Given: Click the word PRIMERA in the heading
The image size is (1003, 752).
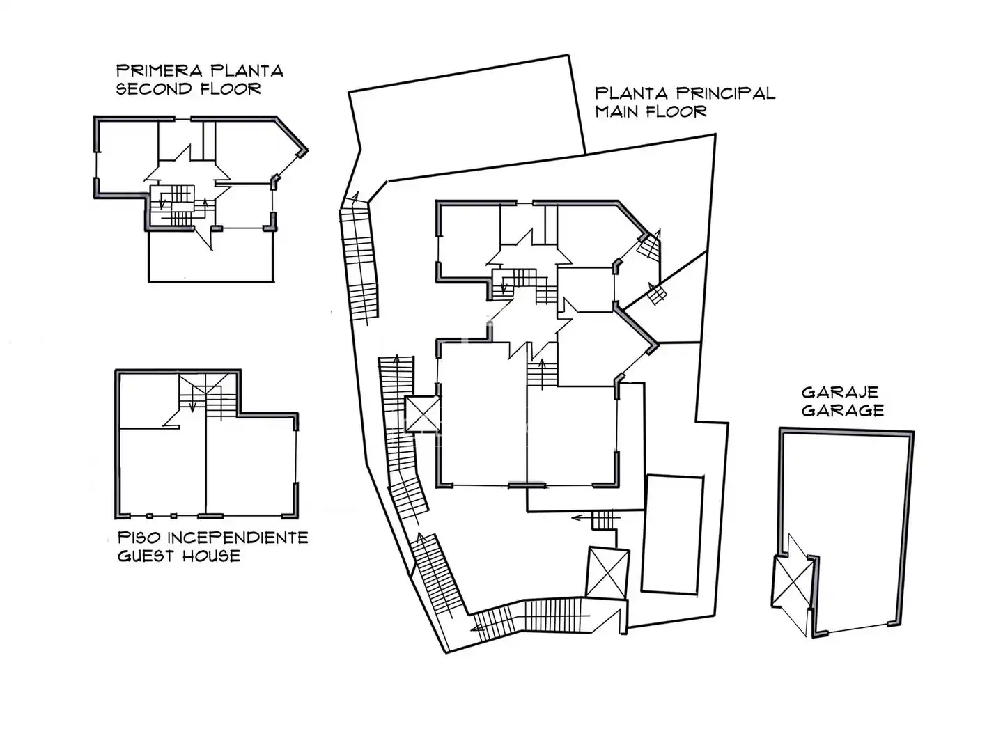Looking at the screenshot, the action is [x=159, y=71].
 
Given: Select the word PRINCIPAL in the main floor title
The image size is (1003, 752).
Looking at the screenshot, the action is [x=726, y=93].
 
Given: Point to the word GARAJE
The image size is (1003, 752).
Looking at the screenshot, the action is [x=840, y=392].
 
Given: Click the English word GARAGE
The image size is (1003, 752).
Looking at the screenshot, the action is [x=843, y=411].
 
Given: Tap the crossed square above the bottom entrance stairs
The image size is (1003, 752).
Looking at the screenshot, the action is [x=608, y=572].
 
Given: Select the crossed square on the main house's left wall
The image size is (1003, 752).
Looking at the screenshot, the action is [x=423, y=414].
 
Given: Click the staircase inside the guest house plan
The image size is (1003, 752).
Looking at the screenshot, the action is [x=208, y=396].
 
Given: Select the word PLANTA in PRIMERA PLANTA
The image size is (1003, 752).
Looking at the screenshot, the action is [x=247, y=71].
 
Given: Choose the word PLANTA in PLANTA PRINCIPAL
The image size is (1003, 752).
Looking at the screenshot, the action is [x=632, y=93].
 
